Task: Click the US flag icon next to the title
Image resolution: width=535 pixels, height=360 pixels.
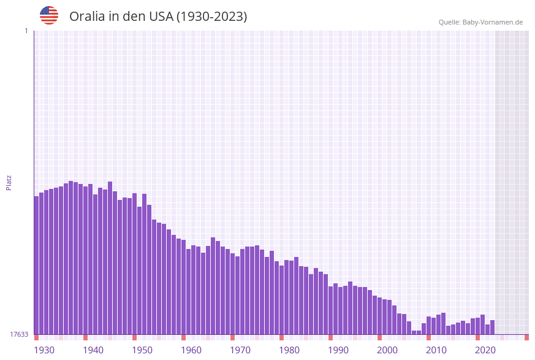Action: (49, 15)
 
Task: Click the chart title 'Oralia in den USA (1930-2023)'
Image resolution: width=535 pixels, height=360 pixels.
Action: (158, 17)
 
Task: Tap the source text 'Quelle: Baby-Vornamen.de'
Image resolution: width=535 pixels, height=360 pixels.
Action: (480, 22)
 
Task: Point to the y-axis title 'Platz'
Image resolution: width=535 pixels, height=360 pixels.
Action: (9, 182)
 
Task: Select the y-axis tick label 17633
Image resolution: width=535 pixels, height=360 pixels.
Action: (19, 334)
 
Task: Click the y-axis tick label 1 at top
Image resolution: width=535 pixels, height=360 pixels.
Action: (26, 31)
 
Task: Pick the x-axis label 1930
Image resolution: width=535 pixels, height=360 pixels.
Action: (44, 350)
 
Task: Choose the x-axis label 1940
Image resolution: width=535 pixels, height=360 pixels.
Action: (93, 350)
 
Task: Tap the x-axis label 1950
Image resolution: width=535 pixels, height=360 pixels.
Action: (142, 350)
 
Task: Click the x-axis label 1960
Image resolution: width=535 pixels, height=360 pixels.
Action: (191, 350)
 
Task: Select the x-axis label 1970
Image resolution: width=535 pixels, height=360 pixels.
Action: (240, 350)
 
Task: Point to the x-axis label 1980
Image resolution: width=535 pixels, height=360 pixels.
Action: (289, 350)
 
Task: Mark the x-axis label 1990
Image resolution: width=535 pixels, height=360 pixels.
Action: (338, 350)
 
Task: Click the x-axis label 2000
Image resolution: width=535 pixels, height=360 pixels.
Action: (387, 350)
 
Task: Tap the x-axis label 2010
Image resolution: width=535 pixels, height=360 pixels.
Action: (436, 350)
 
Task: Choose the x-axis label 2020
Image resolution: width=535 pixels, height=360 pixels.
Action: (485, 350)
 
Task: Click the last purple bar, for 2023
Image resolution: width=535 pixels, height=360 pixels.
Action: (492, 327)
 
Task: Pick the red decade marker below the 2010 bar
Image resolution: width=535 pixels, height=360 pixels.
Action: (429, 337)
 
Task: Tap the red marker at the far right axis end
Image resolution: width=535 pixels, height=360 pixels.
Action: (526, 337)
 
